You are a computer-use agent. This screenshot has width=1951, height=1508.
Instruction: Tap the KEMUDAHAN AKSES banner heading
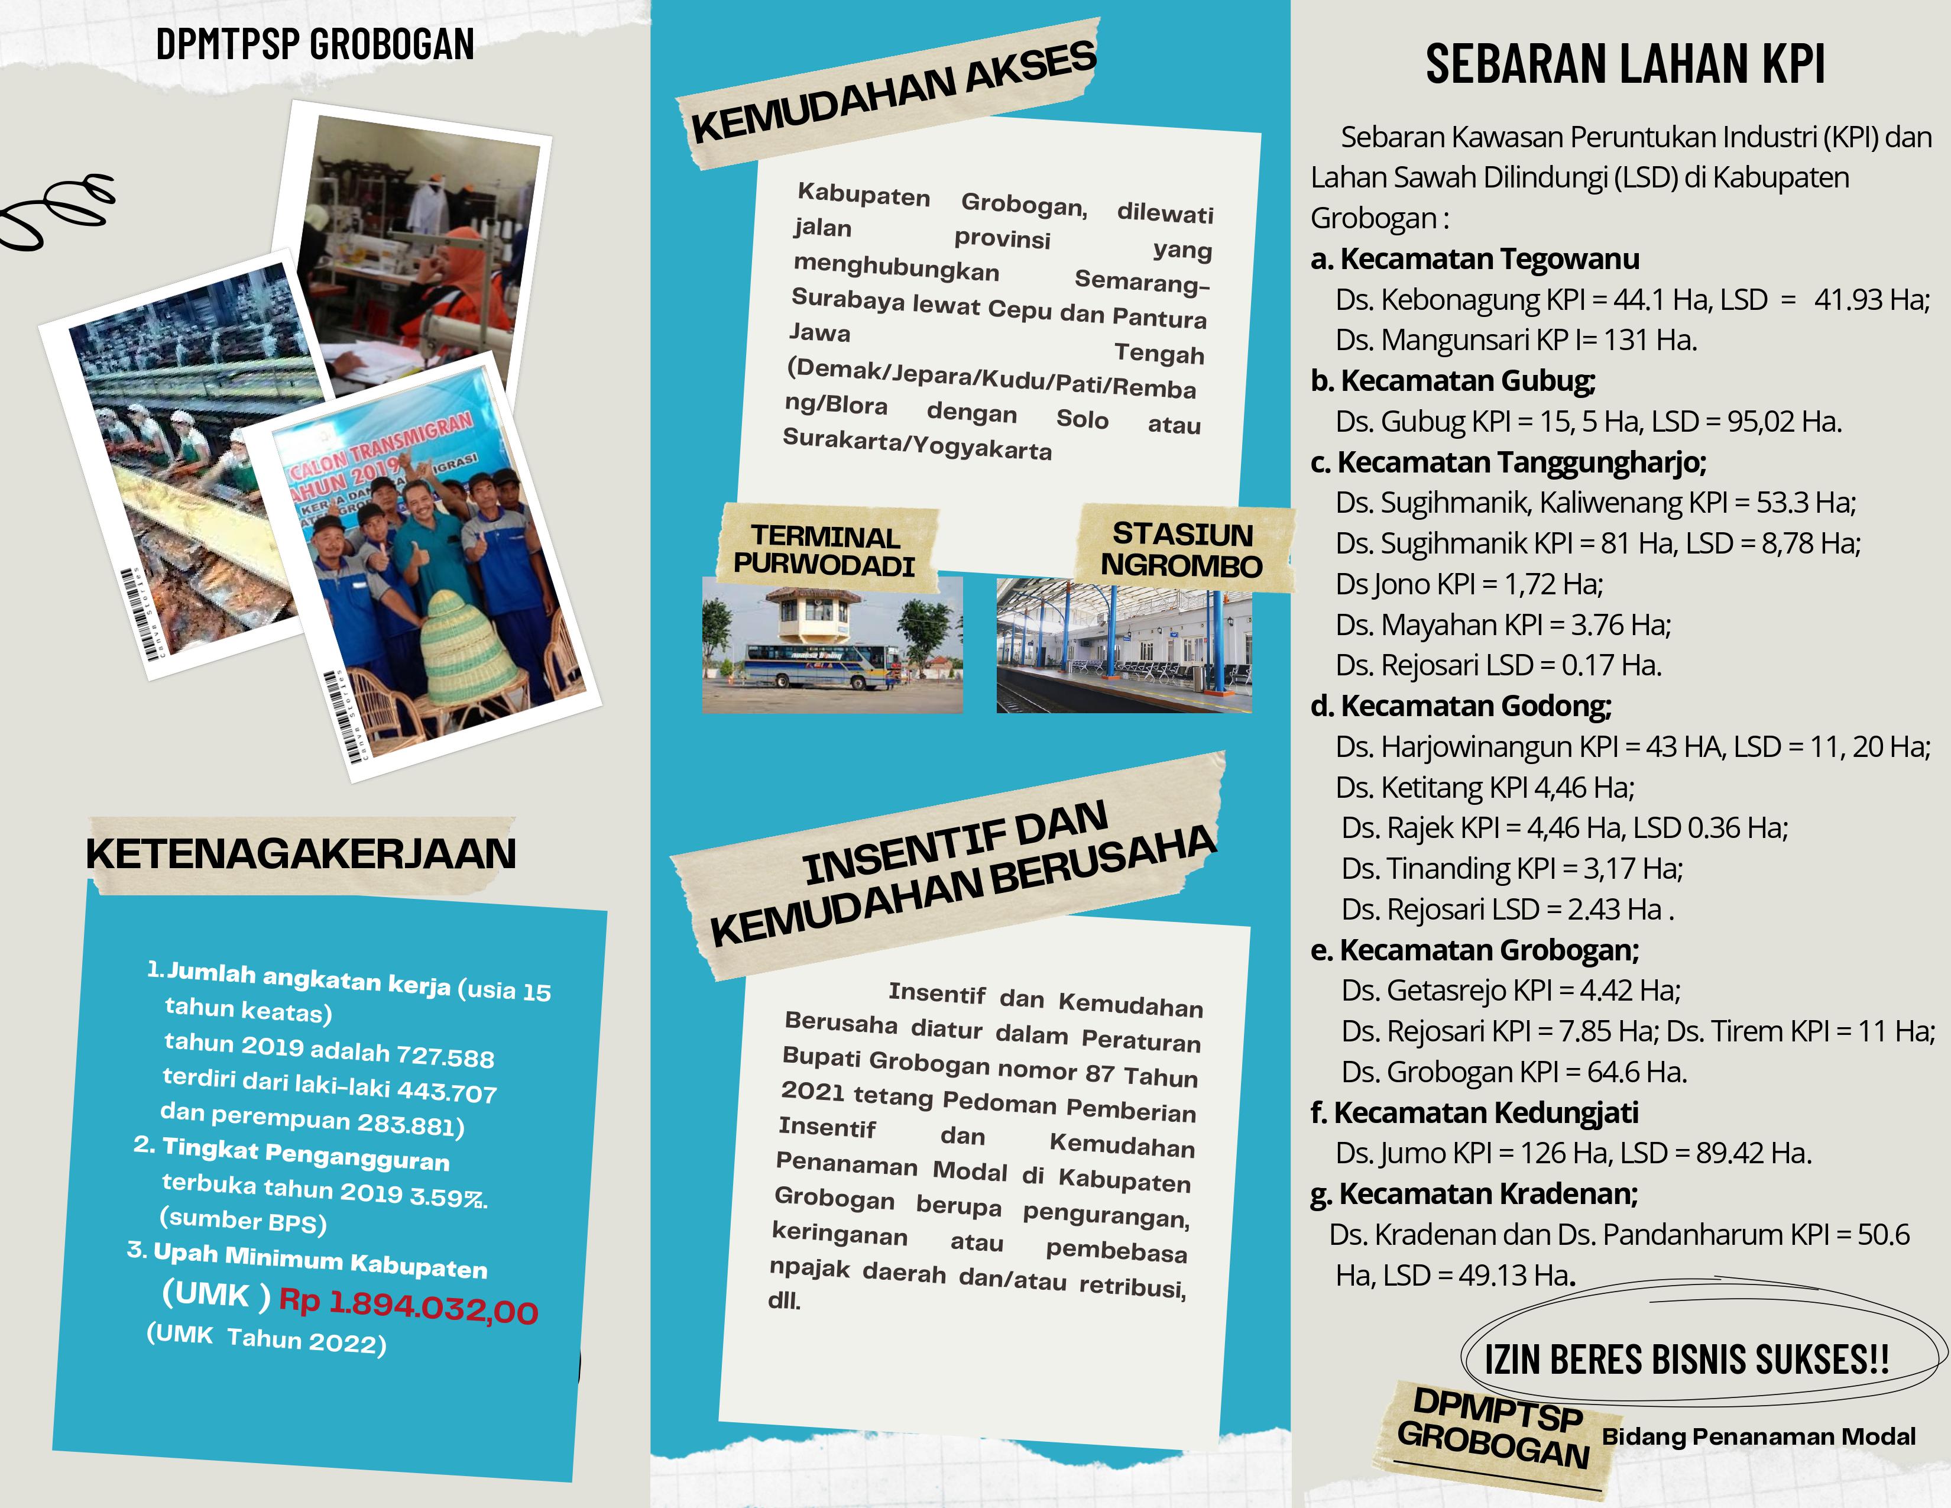click(x=893, y=93)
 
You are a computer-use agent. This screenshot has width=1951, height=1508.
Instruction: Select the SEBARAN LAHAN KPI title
click(x=1624, y=64)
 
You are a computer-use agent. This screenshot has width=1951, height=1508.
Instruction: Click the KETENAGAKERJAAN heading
click(x=301, y=854)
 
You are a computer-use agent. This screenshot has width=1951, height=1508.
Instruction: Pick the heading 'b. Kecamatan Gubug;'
click(x=1453, y=381)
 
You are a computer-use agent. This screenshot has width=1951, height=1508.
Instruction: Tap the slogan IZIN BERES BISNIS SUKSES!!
click(x=1686, y=1360)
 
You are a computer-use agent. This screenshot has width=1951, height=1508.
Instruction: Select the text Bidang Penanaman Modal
click(x=1758, y=1436)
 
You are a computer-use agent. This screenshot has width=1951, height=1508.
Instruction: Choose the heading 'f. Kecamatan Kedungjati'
click(x=1474, y=1112)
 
